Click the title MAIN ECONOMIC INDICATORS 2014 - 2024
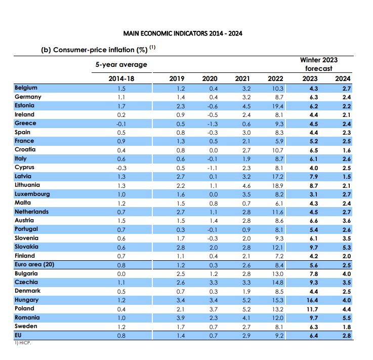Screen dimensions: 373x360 tap(183, 33)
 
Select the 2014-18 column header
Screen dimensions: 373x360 tap(121, 78)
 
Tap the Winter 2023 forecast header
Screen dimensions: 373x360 tap(319, 64)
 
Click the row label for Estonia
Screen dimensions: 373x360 tap(24, 105)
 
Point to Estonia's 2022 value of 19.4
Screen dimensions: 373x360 tap(278, 106)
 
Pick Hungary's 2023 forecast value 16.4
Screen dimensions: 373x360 tap(312, 300)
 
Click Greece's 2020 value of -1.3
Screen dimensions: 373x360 tap(212, 124)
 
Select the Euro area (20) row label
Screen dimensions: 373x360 tap(34, 265)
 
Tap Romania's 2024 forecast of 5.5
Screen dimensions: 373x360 tap(347, 318)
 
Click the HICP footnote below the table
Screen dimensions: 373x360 tap(23, 343)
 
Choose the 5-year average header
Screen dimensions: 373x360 tap(121, 64)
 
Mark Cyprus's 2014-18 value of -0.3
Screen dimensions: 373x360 tap(121, 168)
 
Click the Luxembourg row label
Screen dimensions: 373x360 tap(32, 194)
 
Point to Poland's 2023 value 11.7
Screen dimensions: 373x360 tap(312, 309)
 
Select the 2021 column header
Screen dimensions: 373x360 tap(242, 78)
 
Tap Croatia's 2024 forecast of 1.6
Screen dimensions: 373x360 tap(347, 150)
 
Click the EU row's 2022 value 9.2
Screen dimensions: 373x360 tap(279, 336)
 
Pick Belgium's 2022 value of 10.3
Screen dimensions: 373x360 tap(278, 89)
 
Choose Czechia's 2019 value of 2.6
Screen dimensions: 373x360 tap(181, 283)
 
